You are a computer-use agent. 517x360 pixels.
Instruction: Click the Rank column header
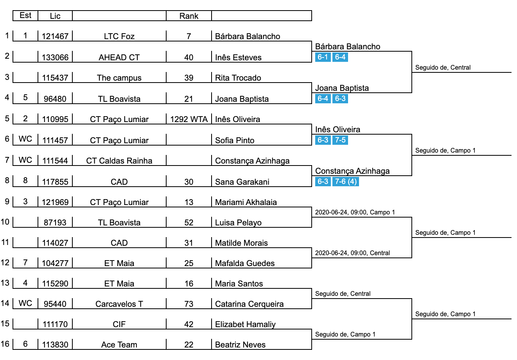(189, 16)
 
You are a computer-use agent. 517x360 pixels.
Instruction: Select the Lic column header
(55, 16)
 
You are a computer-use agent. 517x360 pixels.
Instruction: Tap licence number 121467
(55, 36)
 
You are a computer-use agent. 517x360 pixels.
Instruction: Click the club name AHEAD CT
(119, 58)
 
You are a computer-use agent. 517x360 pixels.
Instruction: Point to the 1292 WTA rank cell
(189, 119)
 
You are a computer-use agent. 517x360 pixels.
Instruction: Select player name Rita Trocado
(238, 78)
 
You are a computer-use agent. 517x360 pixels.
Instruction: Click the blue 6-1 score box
(323, 57)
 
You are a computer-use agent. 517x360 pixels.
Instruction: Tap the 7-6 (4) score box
(346, 182)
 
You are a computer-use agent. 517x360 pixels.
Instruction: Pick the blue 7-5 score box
(340, 140)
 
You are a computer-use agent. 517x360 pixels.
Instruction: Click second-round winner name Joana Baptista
(342, 88)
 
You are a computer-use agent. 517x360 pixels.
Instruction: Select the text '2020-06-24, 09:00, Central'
(352, 253)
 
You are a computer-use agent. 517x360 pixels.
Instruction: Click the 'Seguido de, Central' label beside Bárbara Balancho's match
(443, 68)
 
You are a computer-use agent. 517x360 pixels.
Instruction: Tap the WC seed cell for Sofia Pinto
(25, 139)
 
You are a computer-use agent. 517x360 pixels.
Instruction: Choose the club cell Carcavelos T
(119, 304)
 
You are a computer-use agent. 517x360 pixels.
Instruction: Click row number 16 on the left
(5, 344)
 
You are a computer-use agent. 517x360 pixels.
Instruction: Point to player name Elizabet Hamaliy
(245, 324)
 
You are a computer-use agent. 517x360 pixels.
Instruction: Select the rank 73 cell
(189, 304)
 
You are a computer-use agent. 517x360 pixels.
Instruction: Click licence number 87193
(55, 223)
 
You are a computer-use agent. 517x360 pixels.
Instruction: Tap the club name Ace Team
(119, 345)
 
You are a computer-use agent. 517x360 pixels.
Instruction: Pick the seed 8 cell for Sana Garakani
(25, 181)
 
